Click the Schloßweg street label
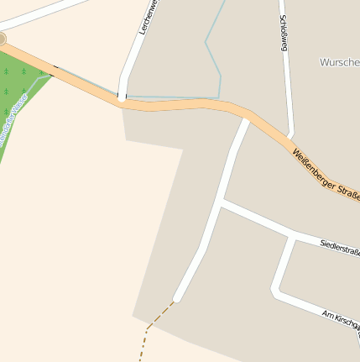(x=284, y=34)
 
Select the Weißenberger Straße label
(x=326, y=172)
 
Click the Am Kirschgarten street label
(x=341, y=317)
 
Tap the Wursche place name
(x=339, y=62)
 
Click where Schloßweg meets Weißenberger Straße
(x=290, y=136)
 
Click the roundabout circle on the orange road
(x=2, y=39)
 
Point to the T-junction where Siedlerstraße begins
(x=221, y=202)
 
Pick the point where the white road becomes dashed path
(x=175, y=300)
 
